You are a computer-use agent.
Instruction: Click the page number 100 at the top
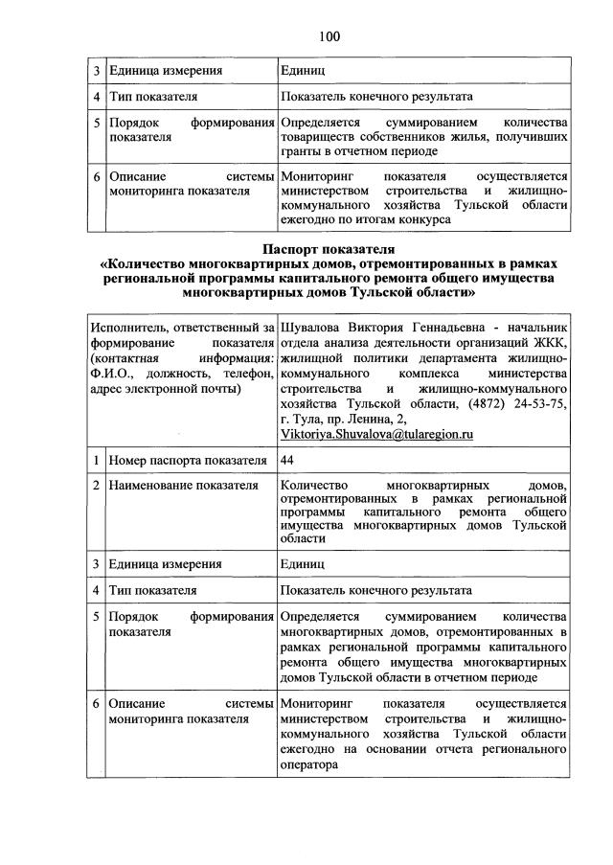(329, 36)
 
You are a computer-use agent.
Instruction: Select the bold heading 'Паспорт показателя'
(329, 248)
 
